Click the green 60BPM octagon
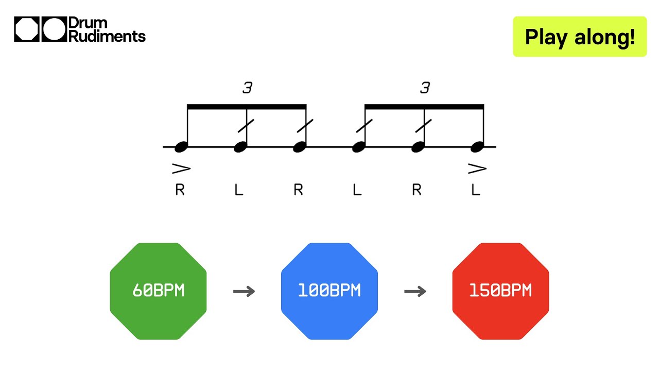click(158, 291)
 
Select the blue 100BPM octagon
click(329, 291)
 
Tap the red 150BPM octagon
click(500, 291)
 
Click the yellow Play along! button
click(580, 37)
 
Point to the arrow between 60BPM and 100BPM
click(244, 292)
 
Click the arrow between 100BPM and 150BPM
click(415, 292)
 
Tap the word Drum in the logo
click(88, 24)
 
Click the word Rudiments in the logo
click(107, 36)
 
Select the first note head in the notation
click(181, 147)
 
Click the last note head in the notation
click(477, 147)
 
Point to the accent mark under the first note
click(181, 168)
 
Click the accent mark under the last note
click(477, 168)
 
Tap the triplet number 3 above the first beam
click(248, 88)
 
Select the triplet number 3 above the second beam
click(425, 88)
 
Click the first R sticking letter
click(180, 190)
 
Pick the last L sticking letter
click(476, 190)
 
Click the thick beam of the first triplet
click(247, 107)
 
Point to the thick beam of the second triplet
click(424, 107)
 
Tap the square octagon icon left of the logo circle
click(27, 29)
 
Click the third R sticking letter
click(417, 190)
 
